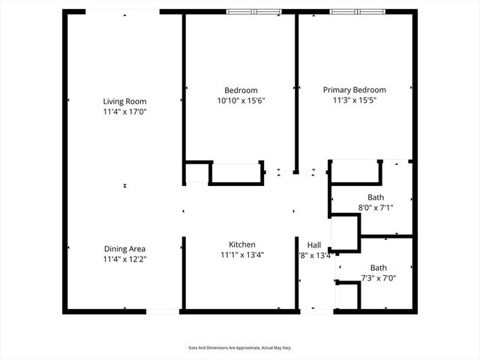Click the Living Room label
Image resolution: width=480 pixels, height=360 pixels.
(124, 101)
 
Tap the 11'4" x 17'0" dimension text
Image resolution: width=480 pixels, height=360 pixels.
(124, 112)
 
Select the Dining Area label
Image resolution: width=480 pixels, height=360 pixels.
(124, 248)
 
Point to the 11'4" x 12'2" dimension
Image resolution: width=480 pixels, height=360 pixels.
(124, 259)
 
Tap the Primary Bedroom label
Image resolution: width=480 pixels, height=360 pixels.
(355, 89)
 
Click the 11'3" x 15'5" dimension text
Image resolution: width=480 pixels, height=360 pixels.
(355, 100)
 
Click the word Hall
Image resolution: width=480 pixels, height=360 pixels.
(314, 244)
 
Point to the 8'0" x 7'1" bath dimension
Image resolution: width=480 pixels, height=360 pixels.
(376, 208)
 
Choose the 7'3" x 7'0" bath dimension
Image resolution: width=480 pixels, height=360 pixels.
(378, 278)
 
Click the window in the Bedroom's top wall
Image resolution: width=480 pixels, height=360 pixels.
(253, 11)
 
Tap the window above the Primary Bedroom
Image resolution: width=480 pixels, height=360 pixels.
(357, 11)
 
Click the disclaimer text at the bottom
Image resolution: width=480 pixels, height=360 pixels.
(239, 348)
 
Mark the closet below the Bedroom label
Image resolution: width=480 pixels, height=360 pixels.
(236, 172)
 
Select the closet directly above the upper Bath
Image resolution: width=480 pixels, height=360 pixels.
(355, 172)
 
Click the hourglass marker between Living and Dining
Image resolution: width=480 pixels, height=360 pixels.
(124, 185)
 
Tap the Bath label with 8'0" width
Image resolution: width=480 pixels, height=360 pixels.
(376, 197)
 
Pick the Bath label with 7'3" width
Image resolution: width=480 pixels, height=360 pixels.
(378, 268)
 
